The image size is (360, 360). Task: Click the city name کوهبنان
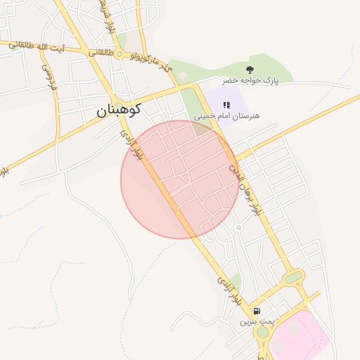(119, 110)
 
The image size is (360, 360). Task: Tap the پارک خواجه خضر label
(250, 81)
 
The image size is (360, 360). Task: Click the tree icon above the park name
(250, 69)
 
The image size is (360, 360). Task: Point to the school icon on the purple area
(226, 104)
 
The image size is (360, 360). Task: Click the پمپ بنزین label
(256, 321)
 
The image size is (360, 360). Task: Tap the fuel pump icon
(257, 311)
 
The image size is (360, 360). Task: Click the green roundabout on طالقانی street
(120, 54)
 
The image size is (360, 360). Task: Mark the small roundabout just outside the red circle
(238, 227)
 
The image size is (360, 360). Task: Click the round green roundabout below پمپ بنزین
(262, 351)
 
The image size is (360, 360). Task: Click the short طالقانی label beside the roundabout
(98, 52)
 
